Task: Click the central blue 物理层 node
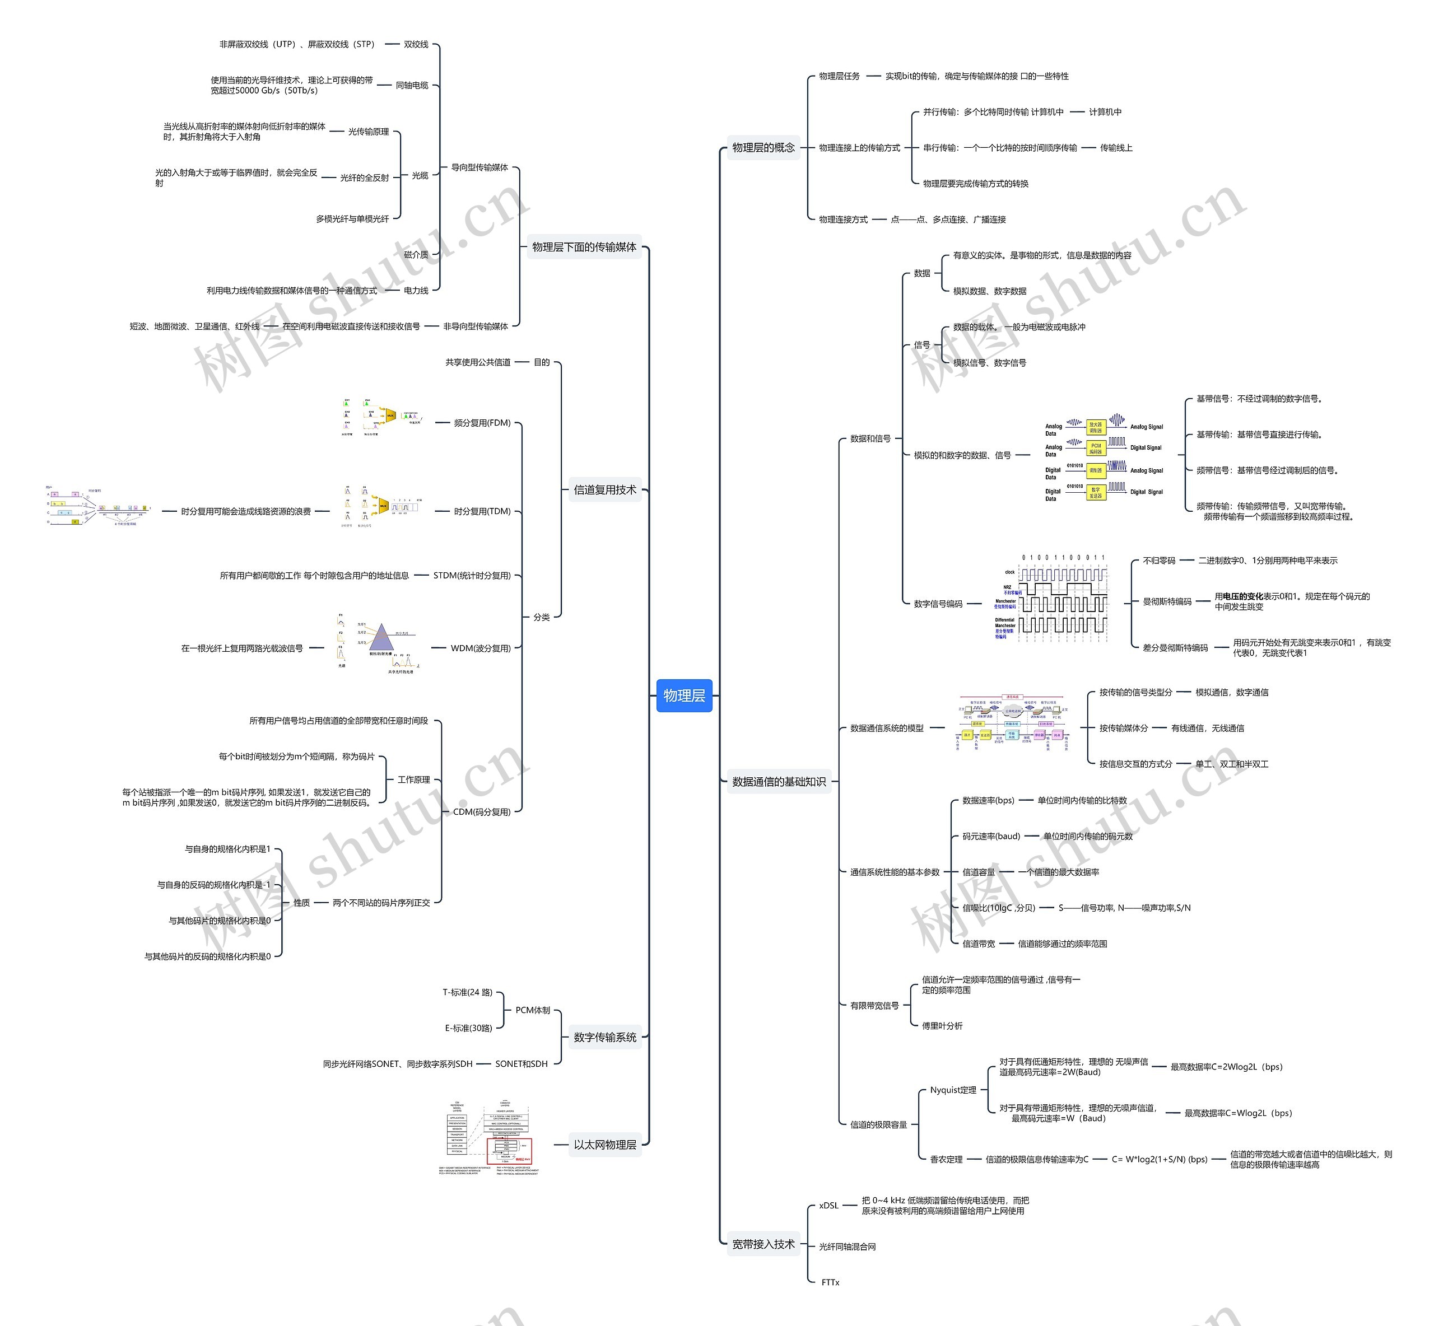[x=683, y=695]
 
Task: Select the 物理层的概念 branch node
[x=763, y=148]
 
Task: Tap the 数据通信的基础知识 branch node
[x=779, y=781]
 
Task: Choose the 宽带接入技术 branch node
[x=763, y=1244]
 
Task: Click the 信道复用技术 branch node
[x=604, y=490]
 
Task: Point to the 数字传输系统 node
[x=604, y=1037]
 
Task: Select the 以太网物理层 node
[x=604, y=1145]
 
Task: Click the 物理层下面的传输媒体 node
[x=584, y=247]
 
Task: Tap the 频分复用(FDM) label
[x=482, y=423]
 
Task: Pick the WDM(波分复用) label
[x=480, y=648]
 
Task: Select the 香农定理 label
[x=946, y=1159]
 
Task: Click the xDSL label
[x=828, y=1206]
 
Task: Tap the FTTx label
[x=830, y=1282]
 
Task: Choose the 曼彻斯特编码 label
[x=1166, y=601]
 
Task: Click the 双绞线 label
[x=416, y=44]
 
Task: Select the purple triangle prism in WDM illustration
[x=381, y=637]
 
